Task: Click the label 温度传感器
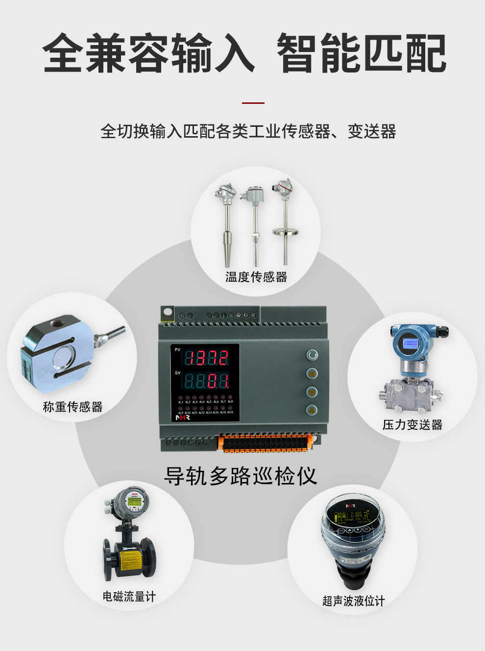(256, 277)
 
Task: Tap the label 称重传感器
(73, 407)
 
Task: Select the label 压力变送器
(412, 425)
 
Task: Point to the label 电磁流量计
(129, 597)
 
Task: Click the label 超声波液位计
(353, 601)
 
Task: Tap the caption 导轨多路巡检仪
(241, 476)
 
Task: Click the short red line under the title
(253, 103)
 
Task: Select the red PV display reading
(206, 358)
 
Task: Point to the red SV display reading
(206, 381)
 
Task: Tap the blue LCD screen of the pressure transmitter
(410, 343)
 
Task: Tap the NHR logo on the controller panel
(182, 418)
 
